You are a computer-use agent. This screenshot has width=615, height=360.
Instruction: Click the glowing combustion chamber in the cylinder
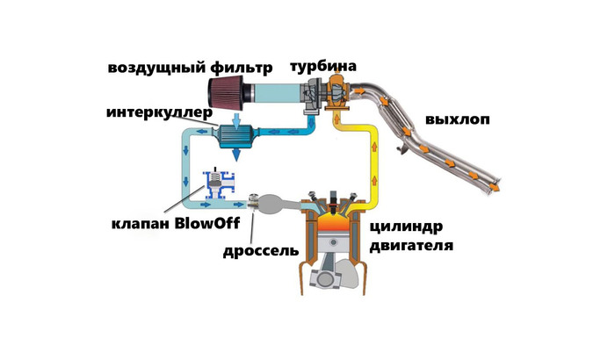pos(329,223)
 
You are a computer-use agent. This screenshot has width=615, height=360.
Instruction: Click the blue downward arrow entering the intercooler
pos(235,119)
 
